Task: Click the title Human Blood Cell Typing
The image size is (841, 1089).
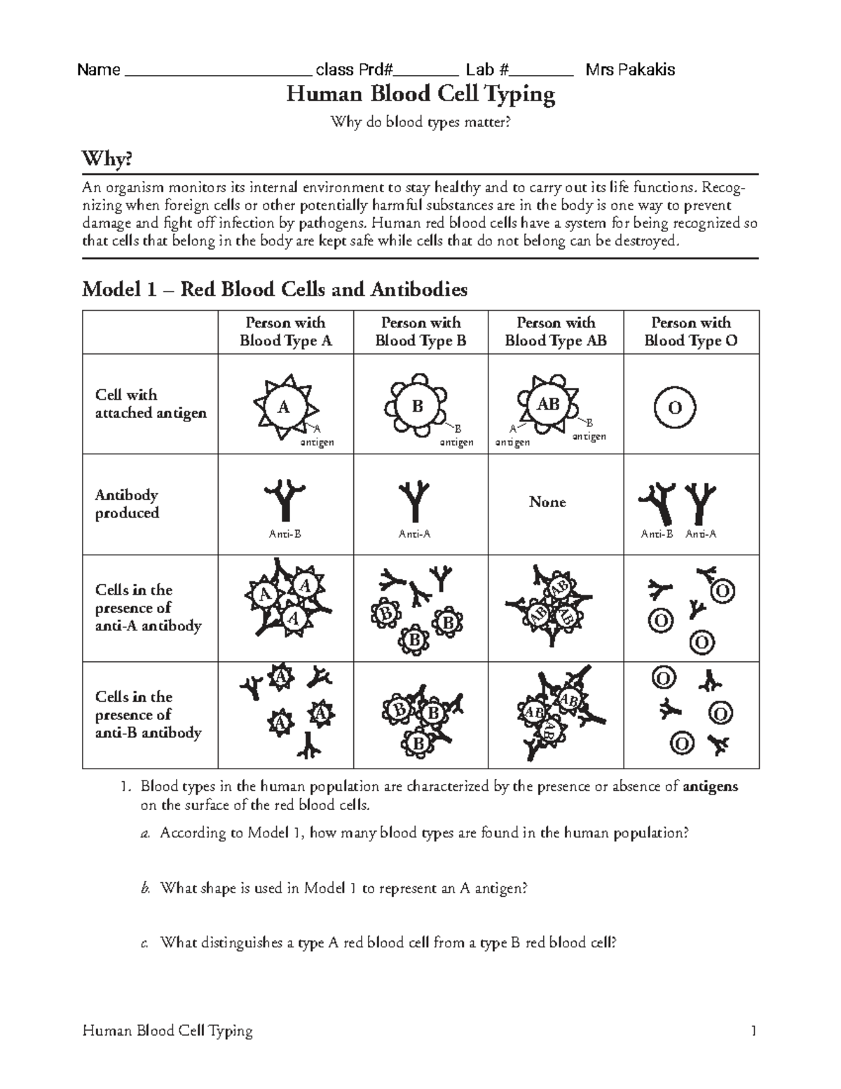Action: [420, 94]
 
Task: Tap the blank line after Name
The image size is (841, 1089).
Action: [218, 71]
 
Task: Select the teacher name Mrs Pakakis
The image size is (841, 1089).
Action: [630, 69]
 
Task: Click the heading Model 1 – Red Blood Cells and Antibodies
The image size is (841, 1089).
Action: [275, 290]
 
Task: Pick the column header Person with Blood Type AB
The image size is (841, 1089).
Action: [556, 332]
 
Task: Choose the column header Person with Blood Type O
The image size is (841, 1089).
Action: [691, 332]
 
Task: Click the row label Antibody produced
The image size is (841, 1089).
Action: [127, 503]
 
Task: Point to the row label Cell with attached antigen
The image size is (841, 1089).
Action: [151, 404]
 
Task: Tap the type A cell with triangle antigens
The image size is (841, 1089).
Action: [285, 407]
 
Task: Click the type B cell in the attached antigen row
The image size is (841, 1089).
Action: [418, 407]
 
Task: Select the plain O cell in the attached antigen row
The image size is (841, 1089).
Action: [675, 408]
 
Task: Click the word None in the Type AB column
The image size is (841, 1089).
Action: [547, 502]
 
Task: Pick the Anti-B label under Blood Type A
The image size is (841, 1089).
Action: [285, 534]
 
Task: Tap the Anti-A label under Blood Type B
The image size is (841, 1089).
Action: [414, 534]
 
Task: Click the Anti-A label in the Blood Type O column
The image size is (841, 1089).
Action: [701, 534]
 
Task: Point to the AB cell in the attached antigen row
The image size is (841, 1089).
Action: [548, 405]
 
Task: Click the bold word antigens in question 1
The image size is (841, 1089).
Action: [710, 786]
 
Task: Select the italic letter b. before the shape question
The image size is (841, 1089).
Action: [145, 888]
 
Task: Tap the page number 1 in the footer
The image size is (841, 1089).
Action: [753, 1030]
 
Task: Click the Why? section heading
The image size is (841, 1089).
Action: [107, 159]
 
